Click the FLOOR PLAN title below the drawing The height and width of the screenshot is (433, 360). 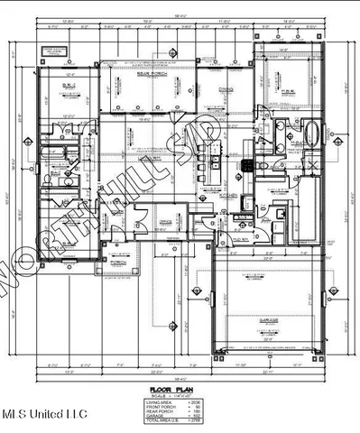(x=180, y=383)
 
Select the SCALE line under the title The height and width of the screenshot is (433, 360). (x=180, y=390)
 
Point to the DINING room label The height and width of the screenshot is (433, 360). (x=226, y=88)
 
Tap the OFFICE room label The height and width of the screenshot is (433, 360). (x=165, y=220)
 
